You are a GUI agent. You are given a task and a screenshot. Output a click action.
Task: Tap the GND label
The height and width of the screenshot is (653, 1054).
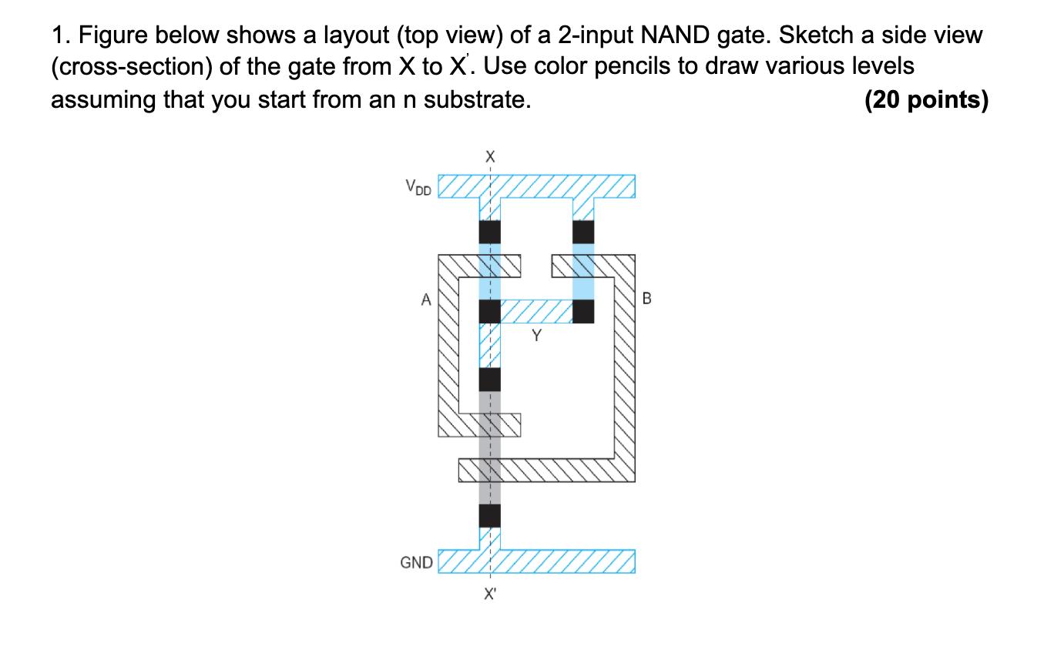pyautogui.click(x=416, y=563)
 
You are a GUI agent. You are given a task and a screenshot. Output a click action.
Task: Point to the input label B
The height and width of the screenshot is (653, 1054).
pyautogui.click(x=647, y=299)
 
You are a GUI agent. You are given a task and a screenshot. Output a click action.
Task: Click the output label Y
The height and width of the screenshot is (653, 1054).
pyautogui.click(x=536, y=336)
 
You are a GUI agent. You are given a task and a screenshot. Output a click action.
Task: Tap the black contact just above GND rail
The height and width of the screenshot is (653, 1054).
pyautogui.click(x=490, y=515)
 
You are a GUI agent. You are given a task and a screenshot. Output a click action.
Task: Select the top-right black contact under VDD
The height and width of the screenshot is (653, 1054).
pyautogui.click(x=583, y=233)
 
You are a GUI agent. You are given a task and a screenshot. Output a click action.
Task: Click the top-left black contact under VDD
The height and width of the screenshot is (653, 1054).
pyautogui.click(x=490, y=233)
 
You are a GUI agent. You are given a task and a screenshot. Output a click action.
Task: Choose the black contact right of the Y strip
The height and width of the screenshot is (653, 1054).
pyautogui.click(x=583, y=311)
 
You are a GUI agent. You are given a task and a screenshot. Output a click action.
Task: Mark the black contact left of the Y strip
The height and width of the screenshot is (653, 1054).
pyautogui.click(x=490, y=311)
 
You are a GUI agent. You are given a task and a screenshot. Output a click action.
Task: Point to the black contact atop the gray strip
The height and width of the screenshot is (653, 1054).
pyautogui.click(x=490, y=380)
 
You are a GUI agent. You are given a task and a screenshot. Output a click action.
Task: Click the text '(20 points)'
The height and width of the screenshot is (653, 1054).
pyautogui.click(x=926, y=100)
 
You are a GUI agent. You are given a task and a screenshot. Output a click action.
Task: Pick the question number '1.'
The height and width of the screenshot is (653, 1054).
pyautogui.click(x=62, y=35)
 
